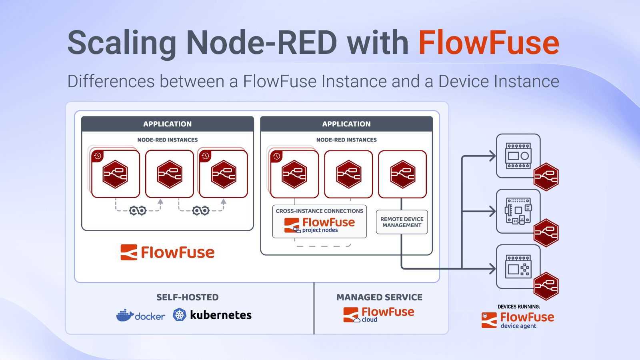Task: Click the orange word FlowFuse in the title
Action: pos(488,43)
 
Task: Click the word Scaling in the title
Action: pos(122,43)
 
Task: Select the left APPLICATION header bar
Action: pos(167,124)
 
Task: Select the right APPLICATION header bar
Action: pos(346,124)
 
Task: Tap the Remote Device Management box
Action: pos(402,222)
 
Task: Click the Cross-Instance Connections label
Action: pos(320,211)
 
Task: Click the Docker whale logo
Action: pos(124,315)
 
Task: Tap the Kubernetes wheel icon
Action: pos(180,315)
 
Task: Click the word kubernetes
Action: pos(221,315)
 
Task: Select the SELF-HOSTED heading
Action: pos(188,297)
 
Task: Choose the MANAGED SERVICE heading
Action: pos(379,297)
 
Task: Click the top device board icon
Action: pos(518,156)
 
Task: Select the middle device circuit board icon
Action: pos(518,211)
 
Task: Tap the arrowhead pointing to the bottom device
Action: pos(493,268)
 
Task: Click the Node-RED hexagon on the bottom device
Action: pos(546,286)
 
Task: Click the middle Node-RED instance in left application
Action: pos(170,174)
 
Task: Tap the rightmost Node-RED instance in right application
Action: pos(402,174)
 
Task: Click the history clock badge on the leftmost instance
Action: pos(98,156)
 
